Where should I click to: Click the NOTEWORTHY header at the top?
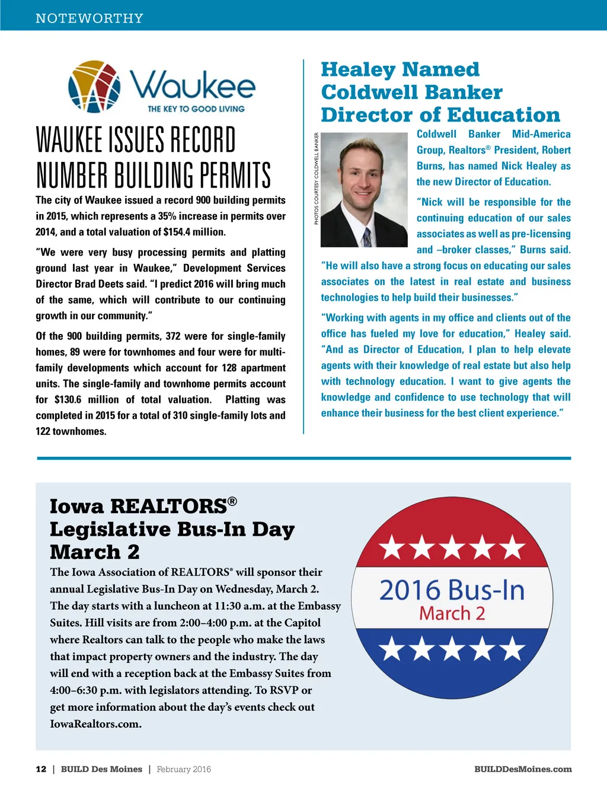[x=90, y=18]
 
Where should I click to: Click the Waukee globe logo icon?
[x=94, y=87]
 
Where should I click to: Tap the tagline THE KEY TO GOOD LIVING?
[x=196, y=109]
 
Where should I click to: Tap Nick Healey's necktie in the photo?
[x=367, y=237]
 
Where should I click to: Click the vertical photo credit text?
[x=317, y=179]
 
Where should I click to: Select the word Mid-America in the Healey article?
[x=541, y=135]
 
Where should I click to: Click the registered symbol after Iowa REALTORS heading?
[x=232, y=501]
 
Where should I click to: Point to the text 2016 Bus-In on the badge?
[x=452, y=591]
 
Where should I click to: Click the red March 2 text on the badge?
[x=452, y=613]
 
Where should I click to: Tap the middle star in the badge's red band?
[x=452, y=548]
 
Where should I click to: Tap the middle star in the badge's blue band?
[x=452, y=648]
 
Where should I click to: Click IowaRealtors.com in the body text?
[x=95, y=724]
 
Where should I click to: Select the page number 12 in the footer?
[x=41, y=769]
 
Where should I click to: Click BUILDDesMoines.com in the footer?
[x=523, y=769]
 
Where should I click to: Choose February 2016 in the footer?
[x=184, y=769]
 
